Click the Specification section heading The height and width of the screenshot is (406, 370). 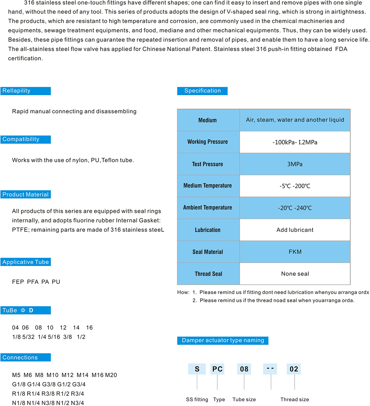[x=202, y=91]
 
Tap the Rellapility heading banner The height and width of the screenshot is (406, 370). [x=26, y=91]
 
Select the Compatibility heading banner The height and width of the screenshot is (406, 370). [x=26, y=139]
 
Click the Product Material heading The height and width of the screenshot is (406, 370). [x=26, y=194]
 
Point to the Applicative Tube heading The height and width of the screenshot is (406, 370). [x=26, y=262]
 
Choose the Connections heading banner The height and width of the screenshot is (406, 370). [x=26, y=358]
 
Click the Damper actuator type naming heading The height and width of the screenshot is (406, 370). [x=223, y=340]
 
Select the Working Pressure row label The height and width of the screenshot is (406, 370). [x=208, y=142]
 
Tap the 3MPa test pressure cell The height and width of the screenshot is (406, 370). [x=295, y=164]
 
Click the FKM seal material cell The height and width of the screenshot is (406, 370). [x=295, y=252]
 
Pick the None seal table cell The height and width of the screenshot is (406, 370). [x=295, y=274]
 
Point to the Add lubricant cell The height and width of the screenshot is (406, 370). [x=295, y=230]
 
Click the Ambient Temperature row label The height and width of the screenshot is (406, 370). [x=208, y=208]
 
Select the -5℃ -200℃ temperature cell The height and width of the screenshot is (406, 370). [x=295, y=186]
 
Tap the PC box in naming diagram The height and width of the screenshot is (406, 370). [x=217, y=369]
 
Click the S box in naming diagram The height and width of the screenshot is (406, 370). [x=197, y=369]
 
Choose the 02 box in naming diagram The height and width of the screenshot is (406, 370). [x=294, y=369]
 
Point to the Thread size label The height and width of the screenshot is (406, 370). [x=295, y=400]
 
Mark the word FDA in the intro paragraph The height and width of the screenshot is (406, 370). [x=341, y=49]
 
